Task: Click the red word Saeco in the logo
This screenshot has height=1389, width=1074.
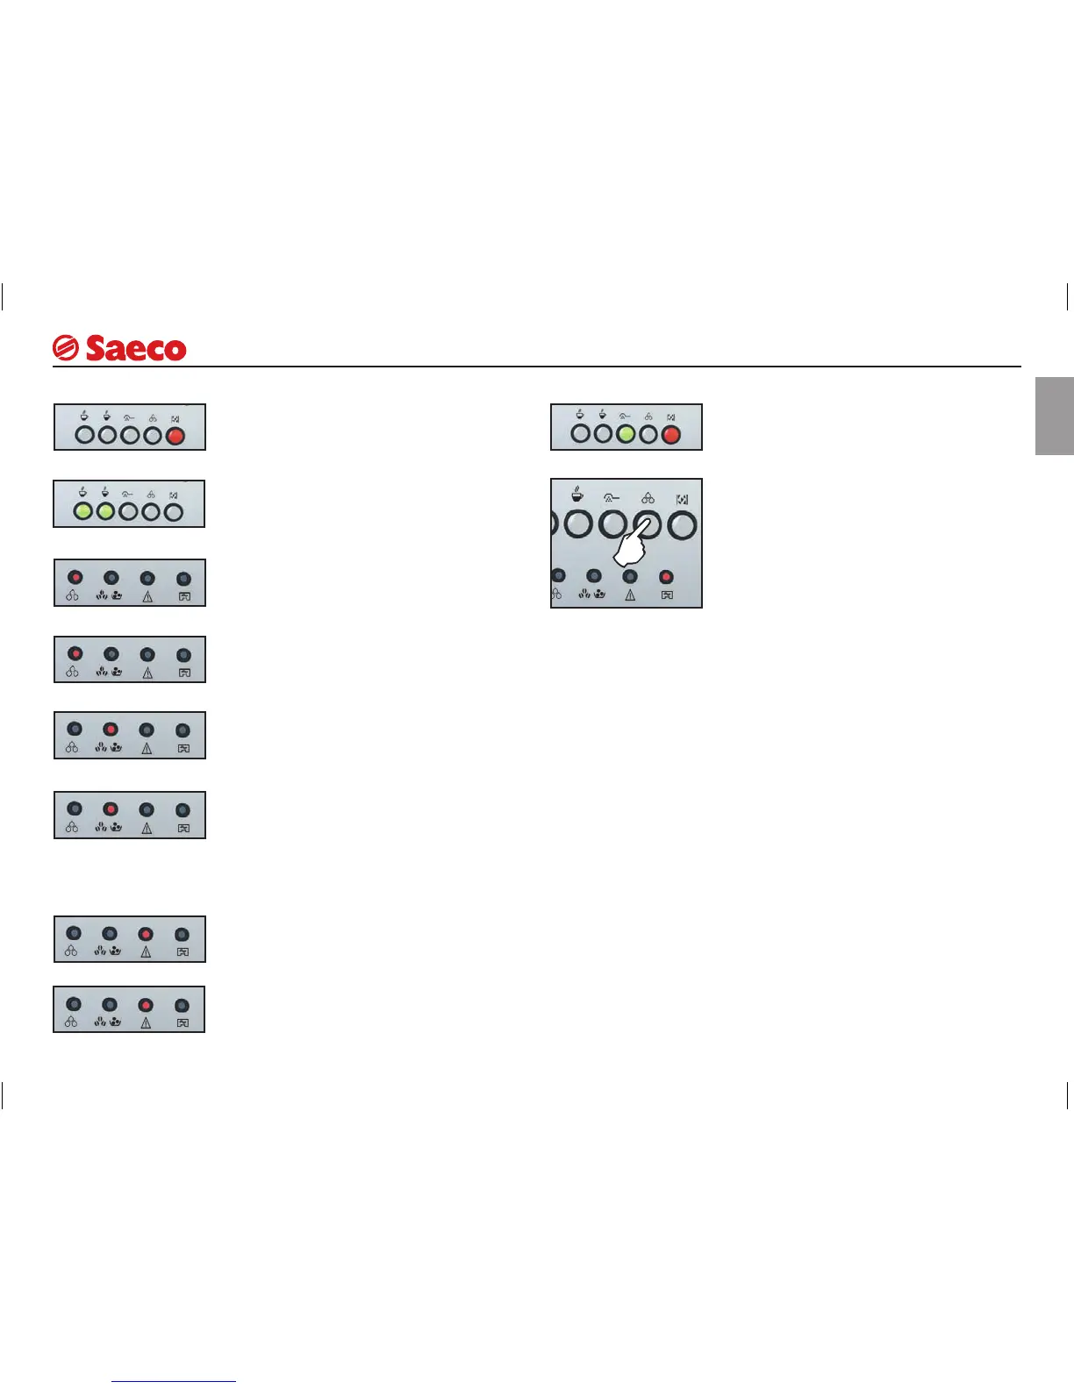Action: [x=136, y=348]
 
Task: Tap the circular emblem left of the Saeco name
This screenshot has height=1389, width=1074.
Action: [x=66, y=348]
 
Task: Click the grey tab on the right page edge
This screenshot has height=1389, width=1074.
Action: [x=1055, y=416]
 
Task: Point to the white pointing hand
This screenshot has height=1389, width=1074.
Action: [x=630, y=549]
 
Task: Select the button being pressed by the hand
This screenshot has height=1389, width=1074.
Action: [x=648, y=524]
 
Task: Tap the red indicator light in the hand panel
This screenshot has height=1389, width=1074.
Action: [x=666, y=577]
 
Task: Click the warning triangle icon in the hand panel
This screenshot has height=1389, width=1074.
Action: [x=630, y=595]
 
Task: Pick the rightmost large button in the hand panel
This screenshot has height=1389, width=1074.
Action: [x=682, y=525]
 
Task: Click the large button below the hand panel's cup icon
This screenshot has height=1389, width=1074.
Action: [x=577, y=525]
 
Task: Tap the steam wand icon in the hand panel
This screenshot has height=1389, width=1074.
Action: [x=612, y=498]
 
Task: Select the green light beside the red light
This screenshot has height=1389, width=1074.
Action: [x=625, y=434]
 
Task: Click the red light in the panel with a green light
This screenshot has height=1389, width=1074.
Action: [x=670, y=434]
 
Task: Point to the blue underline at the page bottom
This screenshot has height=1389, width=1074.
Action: [x=174, y=1382]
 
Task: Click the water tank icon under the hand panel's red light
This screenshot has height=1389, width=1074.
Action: [x=667, y=595]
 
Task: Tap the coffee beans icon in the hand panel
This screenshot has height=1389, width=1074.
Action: [x=592, y=595]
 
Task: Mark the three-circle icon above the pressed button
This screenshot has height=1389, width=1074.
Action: [x=648, y=498]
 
